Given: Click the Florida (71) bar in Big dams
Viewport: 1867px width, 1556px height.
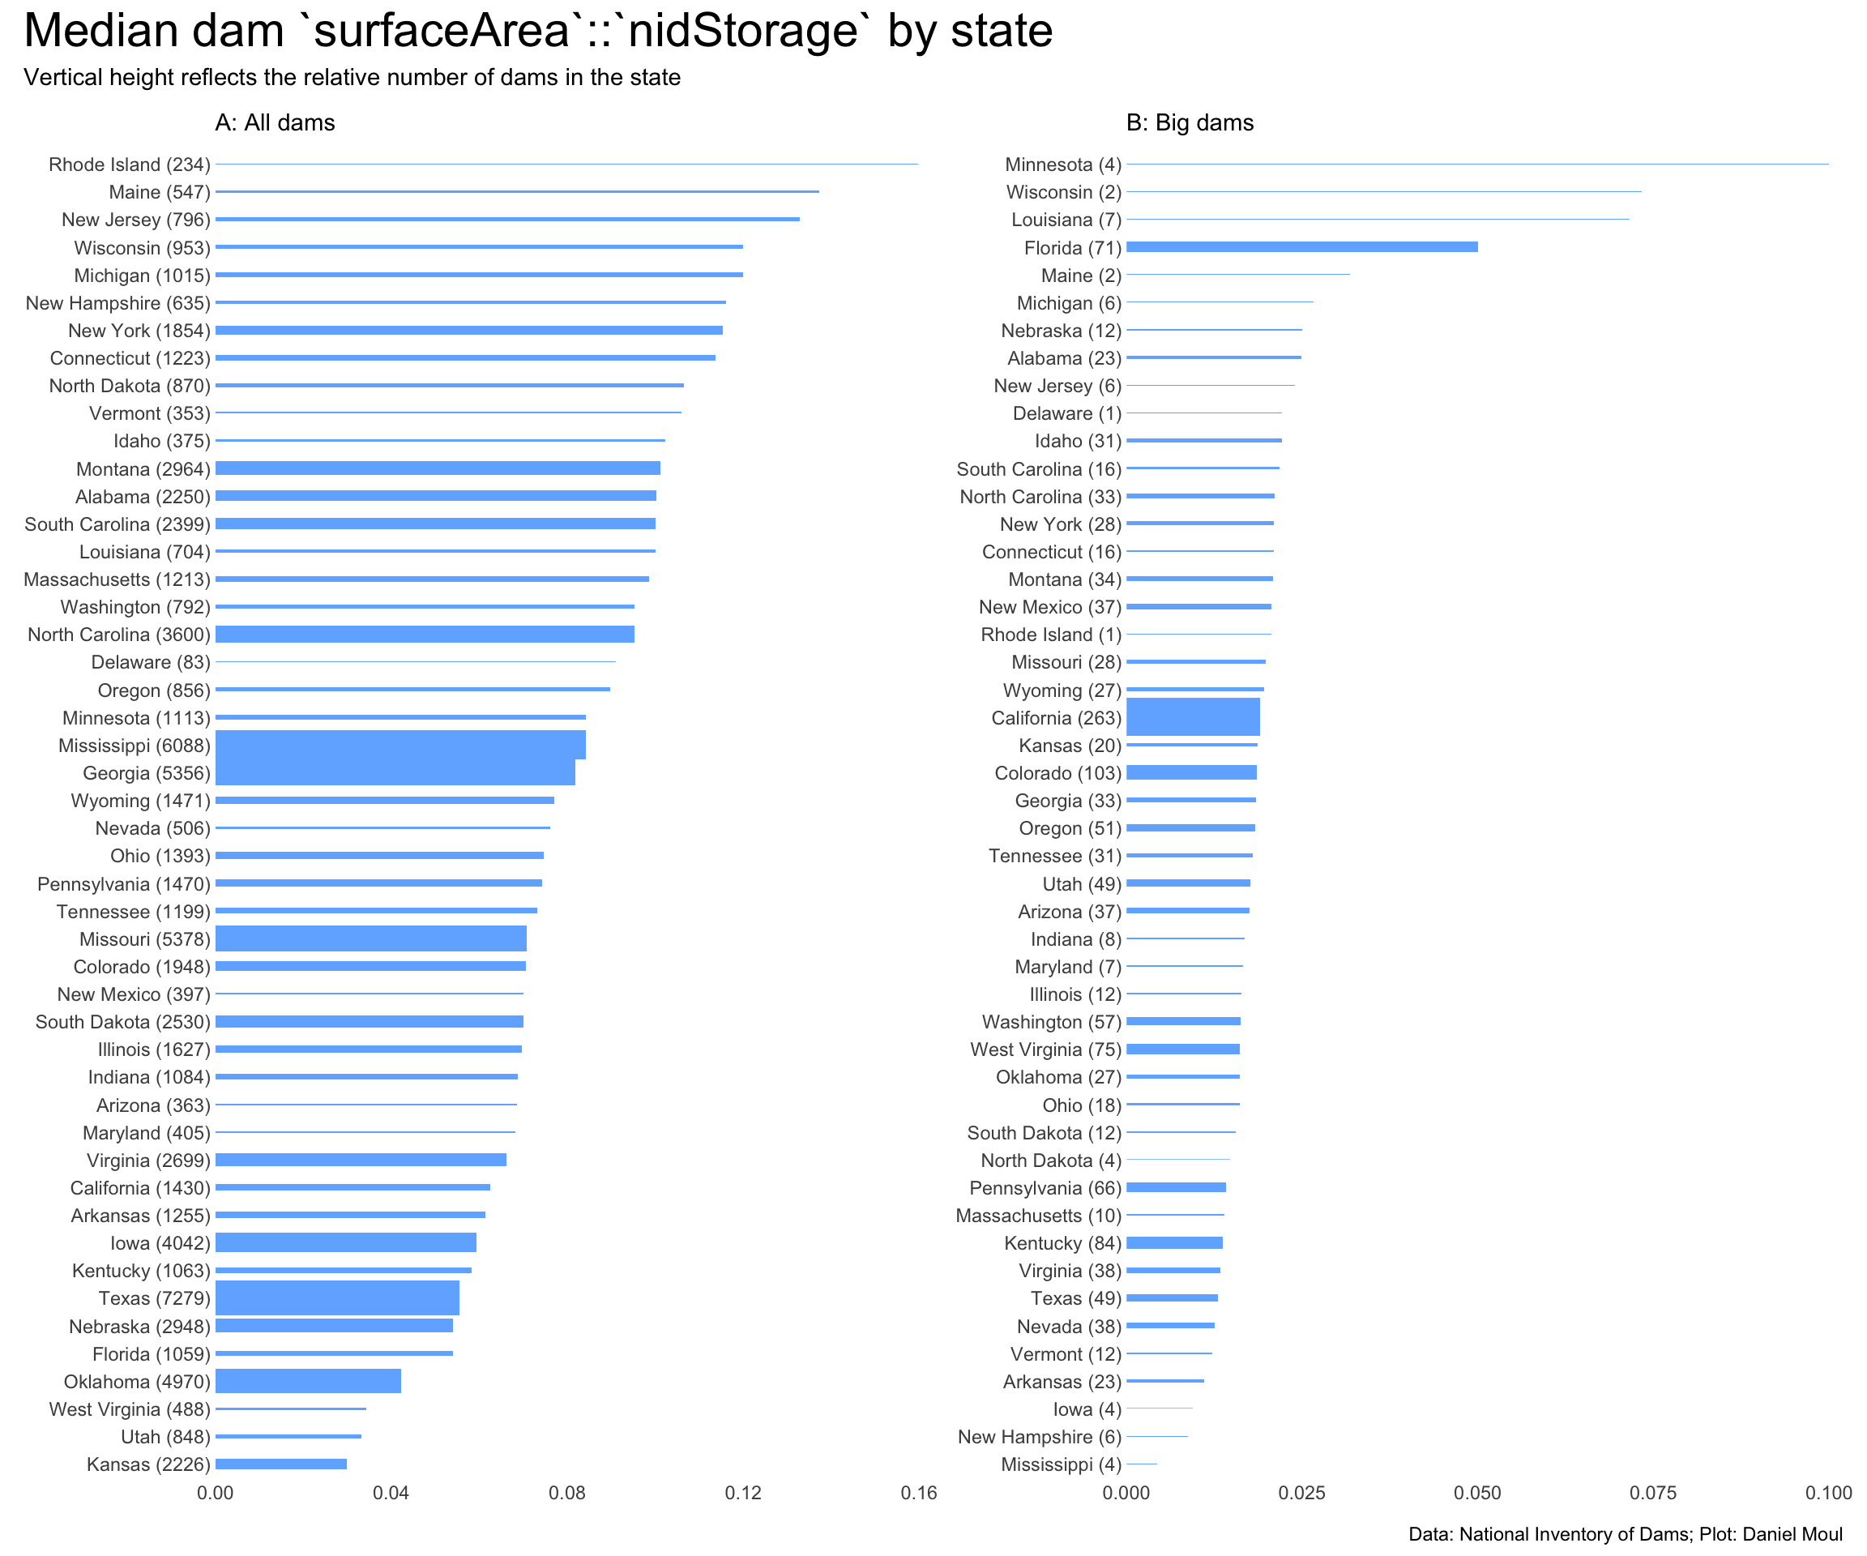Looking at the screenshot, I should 1301,247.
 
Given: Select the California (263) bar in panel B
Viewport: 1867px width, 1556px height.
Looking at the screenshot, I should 1192,717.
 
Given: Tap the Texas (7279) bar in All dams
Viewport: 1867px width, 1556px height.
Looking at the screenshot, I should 337,1298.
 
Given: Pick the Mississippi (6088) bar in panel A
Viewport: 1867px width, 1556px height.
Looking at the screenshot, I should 400,745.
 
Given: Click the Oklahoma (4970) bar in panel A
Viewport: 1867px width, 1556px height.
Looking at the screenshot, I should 308,1382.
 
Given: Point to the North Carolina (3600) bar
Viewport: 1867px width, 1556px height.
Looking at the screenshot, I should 424,634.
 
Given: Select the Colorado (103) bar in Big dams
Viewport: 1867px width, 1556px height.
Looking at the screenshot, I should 1191,772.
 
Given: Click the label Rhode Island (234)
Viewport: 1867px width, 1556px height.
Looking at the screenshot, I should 129,165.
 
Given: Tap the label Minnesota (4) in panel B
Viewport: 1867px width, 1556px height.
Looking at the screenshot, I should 1062,165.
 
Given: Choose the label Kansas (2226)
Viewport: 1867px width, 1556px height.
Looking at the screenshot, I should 148,1464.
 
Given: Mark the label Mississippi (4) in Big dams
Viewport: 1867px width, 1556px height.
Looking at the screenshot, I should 1061,1464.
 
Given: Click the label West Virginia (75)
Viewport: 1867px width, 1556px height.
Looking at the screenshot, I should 1045,1049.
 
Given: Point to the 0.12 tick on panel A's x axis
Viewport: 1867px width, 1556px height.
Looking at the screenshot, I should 742,1493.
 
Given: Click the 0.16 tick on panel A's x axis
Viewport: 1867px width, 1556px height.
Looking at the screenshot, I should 918,1493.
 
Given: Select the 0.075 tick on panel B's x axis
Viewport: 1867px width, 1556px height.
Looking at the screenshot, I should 1653,1493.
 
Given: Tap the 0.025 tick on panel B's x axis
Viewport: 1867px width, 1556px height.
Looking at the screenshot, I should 1301,1493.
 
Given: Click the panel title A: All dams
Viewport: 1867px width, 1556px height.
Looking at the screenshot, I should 275,122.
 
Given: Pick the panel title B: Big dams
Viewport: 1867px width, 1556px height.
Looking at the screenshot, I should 1190,122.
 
